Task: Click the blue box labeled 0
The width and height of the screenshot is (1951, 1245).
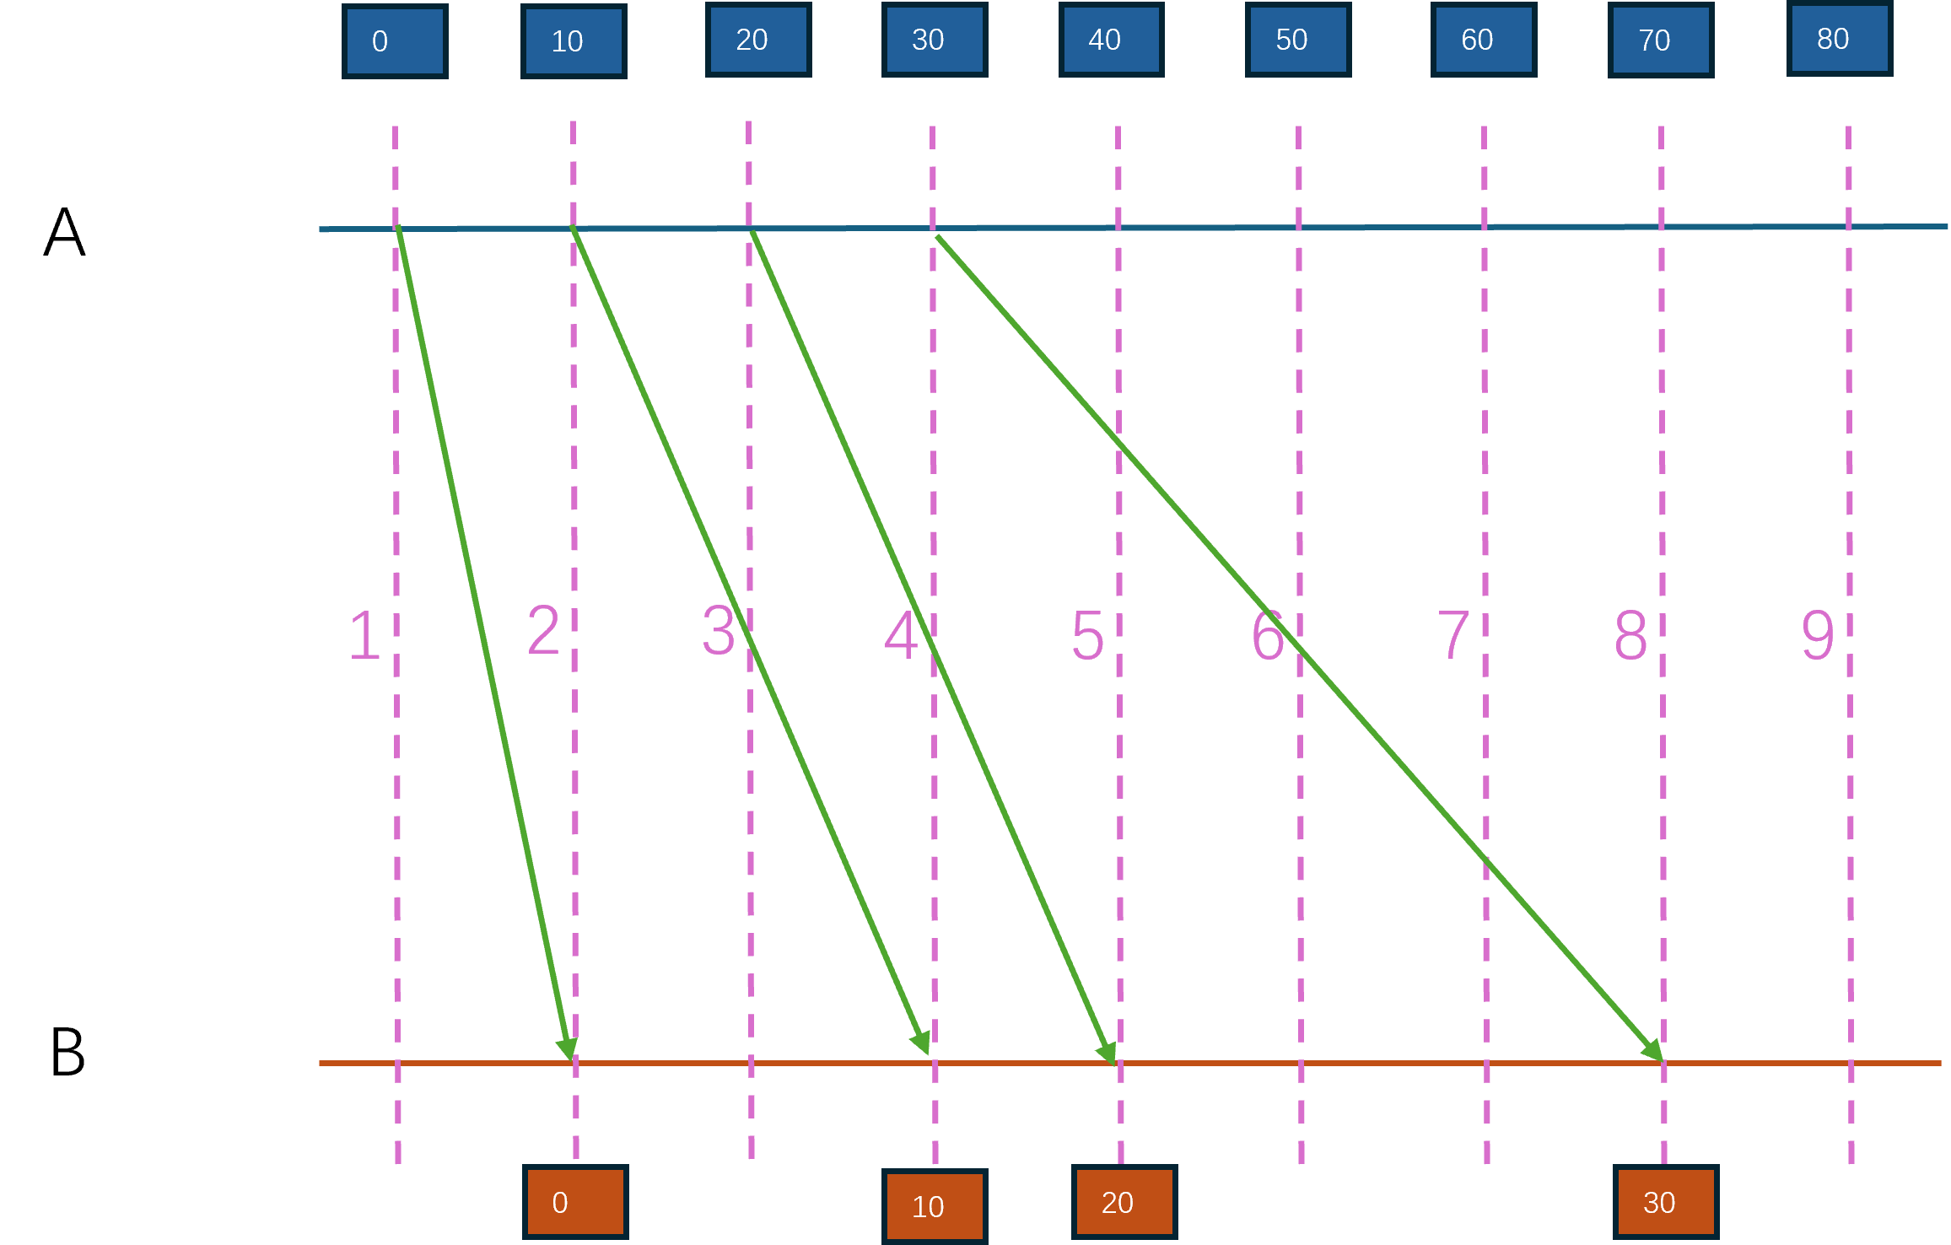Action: [x=395, y=41]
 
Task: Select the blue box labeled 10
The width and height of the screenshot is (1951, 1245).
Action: [x=574, y=41]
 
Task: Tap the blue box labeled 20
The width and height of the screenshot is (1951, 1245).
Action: [x=758, y=40]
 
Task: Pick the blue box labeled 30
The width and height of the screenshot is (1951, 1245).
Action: [x=935, y=40]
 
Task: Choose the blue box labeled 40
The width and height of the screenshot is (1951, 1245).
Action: [x=1112, y=40]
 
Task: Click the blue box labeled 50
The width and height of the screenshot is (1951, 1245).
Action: [x=1298, y=40]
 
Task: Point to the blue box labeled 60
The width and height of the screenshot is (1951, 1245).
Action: [x=1484, y=40]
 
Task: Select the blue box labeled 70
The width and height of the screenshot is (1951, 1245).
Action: [x=1661, y=40]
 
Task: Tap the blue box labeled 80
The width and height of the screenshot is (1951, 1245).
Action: [x=1840, y=39]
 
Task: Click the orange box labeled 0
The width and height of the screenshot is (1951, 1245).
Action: [x=575, y=1202]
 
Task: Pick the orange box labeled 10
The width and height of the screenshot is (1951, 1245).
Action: [x=935, y=1206]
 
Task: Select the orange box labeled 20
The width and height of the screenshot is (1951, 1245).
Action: [x=1124, y=1202]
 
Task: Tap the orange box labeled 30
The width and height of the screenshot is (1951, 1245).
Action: [x=1666, y=1202]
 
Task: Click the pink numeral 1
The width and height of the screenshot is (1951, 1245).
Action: [x=365, y=635]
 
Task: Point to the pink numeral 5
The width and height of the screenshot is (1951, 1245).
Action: [x=1087, y=635]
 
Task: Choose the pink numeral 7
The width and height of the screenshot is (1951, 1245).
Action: [x=1453, y=635]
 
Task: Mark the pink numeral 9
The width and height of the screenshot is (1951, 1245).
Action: [x=1818, y=635]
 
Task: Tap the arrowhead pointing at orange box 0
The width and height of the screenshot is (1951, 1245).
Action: [x=568, y=1048]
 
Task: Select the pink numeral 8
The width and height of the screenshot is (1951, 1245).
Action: [x=1630, y=635]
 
